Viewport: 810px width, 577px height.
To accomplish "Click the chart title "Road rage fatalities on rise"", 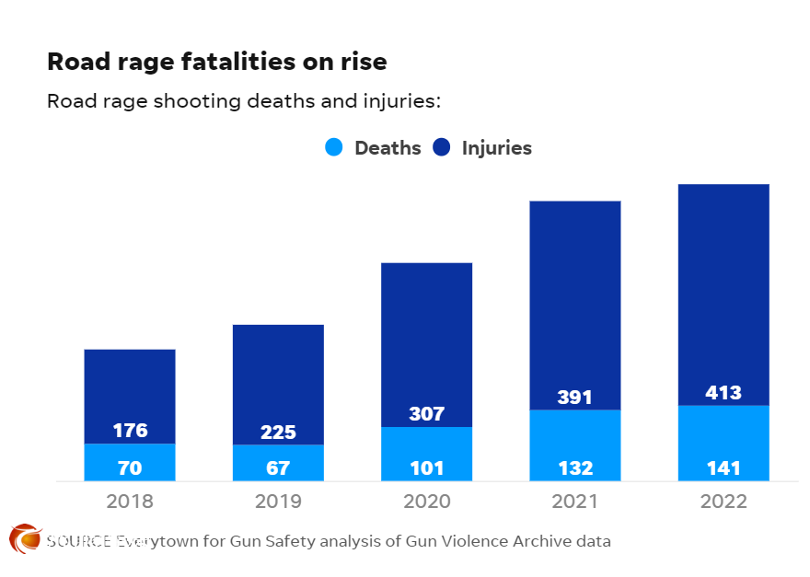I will tap(217, 63).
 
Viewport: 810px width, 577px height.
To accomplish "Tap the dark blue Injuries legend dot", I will tap(441, 147).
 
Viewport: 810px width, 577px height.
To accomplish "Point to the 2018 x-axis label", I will tap(130, 502).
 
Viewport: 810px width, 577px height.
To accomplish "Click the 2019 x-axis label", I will tap(278, 502).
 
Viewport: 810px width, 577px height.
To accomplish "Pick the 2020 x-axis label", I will tap(426, 502).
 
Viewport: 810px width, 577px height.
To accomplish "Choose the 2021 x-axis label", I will tap(574, 502).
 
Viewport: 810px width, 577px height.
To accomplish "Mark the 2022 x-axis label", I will tap(723, 502).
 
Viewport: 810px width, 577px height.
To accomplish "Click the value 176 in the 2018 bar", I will tap(130, 431).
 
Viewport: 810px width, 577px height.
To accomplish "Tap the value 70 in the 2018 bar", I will tap(130, 467).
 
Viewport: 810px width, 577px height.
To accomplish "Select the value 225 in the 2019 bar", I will tap(278, 433).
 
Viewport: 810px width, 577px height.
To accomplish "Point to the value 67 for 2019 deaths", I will tap(278, 467).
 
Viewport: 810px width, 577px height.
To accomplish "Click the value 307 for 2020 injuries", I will tap(426, 415).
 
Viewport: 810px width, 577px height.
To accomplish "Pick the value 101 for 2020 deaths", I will tap(426, 467).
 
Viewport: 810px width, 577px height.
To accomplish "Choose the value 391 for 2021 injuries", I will tap(574, 398).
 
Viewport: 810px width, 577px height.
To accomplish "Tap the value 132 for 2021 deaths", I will tap(574, 467).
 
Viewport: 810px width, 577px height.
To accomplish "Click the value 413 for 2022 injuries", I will tap(723, 393).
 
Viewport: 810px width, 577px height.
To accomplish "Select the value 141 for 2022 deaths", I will tap(723, 467).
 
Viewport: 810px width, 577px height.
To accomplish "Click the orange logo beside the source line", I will tap(25, 538).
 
